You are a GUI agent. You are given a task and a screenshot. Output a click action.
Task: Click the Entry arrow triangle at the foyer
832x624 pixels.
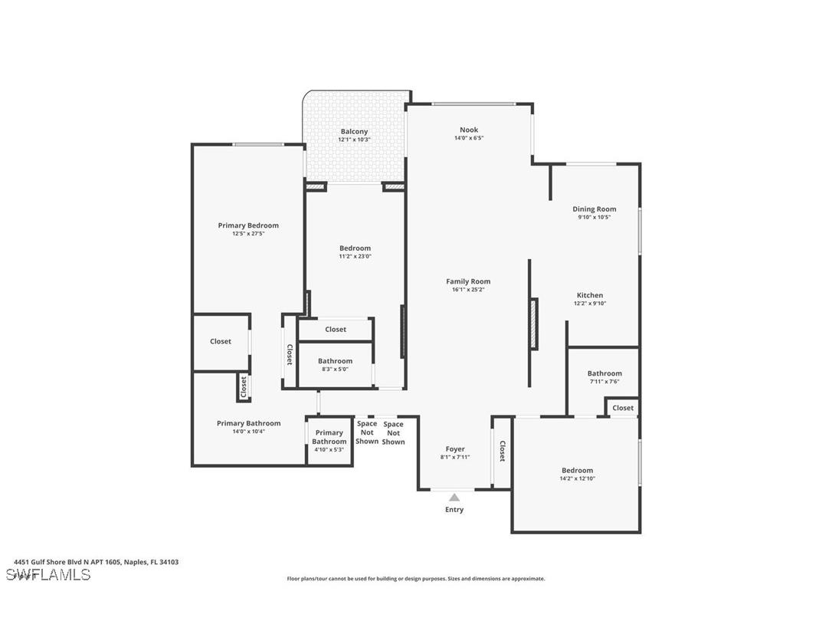click(x=454, y=498)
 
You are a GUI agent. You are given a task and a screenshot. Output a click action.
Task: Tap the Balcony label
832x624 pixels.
click(x=354, y=132)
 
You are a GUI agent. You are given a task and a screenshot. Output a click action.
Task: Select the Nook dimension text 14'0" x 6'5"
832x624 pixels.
click(x=468, y=138)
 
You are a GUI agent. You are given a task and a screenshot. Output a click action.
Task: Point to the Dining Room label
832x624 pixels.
click(x=594, y=209)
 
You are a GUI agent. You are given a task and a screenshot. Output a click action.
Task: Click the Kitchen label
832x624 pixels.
click(x=589, y=295)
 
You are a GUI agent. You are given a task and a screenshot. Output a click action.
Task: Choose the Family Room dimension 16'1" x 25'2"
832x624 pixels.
click(x=468, y=290)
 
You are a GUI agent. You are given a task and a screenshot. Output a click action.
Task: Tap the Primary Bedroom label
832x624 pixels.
click(x=248, y=225)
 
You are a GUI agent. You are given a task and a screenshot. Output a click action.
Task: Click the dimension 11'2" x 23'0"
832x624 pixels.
click(x=355, y=257)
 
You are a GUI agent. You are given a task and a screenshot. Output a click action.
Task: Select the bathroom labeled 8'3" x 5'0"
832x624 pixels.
click(x=335, y=364)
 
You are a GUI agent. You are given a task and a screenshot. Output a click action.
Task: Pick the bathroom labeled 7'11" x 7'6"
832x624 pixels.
click(x=604, y=377)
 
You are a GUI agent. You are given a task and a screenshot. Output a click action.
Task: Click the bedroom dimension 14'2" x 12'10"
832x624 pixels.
click(x=577, y=478)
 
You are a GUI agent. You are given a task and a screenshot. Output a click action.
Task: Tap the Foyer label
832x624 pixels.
click(x=455, y=449)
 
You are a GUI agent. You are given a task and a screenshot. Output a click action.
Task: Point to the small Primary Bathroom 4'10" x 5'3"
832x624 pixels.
click(x=329, y=441)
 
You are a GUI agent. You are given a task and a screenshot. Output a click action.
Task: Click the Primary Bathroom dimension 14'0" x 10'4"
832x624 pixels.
click(x=248, y=432)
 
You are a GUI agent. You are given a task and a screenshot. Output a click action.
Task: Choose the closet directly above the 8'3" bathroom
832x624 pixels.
click(x=336, y=330)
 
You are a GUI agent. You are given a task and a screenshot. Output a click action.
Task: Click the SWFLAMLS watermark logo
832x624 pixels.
click(x=48, y=574)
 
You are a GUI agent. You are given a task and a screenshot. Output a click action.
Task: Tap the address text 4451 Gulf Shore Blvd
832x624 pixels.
click(x=96, y=562)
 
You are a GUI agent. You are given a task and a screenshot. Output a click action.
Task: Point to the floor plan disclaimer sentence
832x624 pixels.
click(x=415, y=579)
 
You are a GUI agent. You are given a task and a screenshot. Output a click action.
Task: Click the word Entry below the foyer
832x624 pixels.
click(x=454, y=510)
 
